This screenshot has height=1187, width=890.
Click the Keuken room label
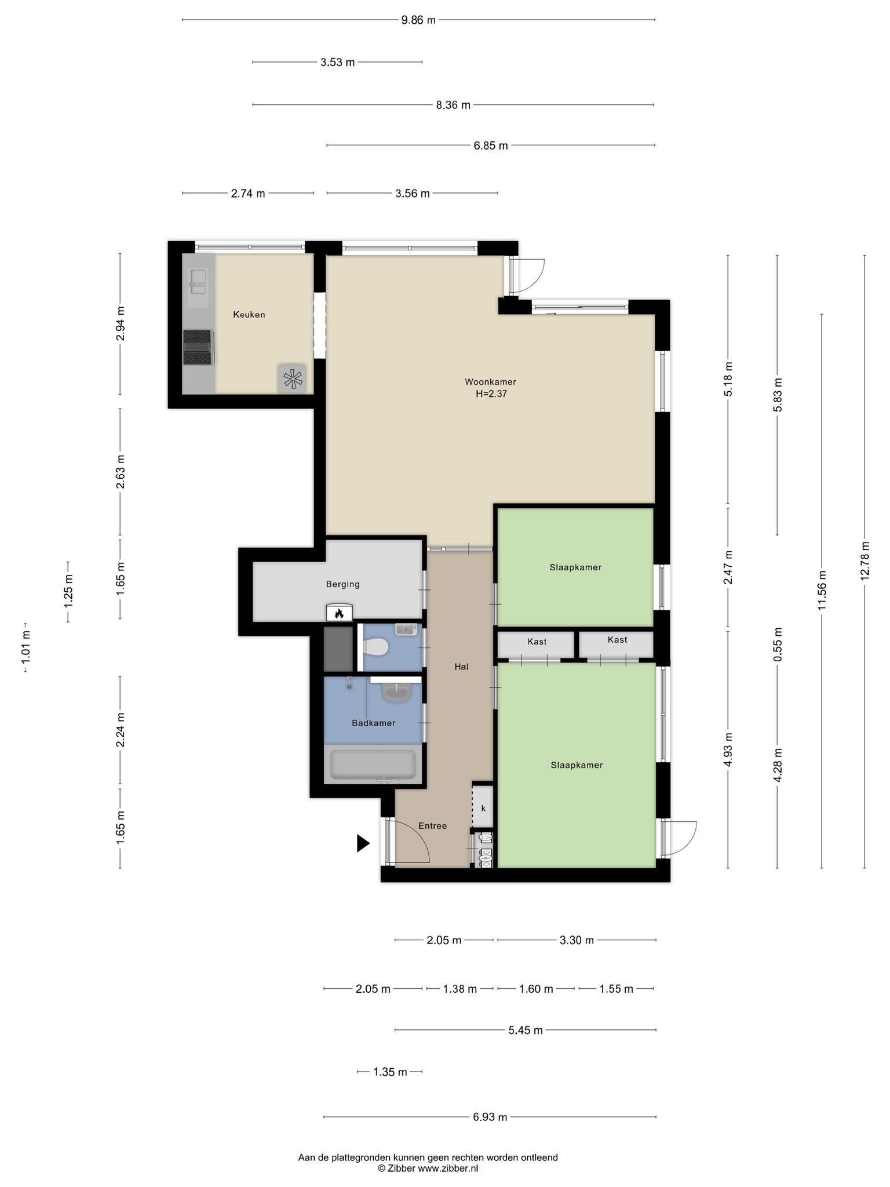point(249,315)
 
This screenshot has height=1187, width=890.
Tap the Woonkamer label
point(490,382)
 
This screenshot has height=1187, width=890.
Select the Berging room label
point(342,584)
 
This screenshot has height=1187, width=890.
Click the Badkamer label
point(374,723)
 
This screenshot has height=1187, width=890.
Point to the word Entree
point(433,826)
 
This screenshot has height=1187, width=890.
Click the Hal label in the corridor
point(461,667)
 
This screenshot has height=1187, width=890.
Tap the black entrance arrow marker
point(363,843)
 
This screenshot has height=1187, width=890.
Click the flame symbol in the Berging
point(340,613)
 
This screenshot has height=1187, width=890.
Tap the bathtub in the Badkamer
point(373,765)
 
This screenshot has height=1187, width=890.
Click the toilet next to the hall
point(375,647)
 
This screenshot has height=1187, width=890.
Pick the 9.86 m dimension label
point(418,20)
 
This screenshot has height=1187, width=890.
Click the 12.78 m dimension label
point(865,560)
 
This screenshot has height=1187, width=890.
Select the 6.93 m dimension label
point(490,1117)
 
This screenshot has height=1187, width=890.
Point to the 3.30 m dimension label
point(577,940)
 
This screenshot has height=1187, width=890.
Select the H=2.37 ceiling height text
point(491,394)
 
